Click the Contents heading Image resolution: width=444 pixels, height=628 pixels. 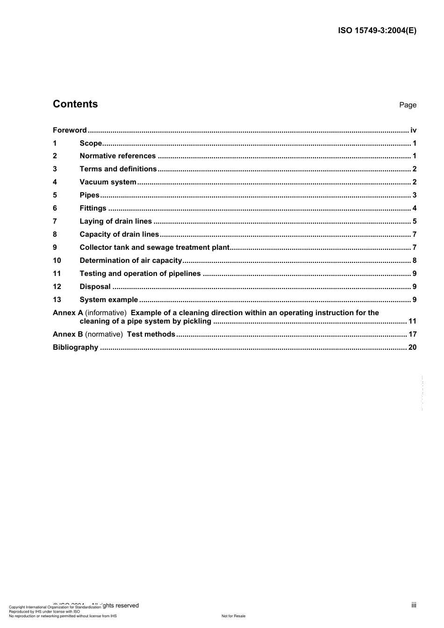75,104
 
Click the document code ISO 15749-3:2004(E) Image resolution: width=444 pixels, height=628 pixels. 377,31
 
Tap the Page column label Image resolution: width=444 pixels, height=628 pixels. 408,105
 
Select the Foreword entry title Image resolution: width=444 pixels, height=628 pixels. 70,130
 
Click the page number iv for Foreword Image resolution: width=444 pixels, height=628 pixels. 413,130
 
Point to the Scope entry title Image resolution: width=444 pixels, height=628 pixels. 91,143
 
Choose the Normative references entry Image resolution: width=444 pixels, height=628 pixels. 118,156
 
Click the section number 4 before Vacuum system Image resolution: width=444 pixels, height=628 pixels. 55,182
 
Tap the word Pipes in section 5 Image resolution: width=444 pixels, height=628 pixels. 90,195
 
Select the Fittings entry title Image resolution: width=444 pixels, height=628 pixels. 93,208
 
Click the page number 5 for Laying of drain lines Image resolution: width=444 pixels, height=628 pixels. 415,221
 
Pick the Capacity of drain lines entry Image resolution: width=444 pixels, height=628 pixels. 119,234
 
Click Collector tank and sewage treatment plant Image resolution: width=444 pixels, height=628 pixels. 155,247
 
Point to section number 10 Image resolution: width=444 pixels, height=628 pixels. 57,261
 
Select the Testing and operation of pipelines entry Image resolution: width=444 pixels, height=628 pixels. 140,274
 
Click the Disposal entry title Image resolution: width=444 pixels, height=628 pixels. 95,287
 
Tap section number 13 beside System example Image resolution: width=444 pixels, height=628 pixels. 57,300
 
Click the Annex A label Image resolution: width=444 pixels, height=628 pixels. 68,313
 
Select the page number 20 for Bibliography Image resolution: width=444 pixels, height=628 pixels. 412,347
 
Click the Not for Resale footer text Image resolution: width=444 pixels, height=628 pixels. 233,616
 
